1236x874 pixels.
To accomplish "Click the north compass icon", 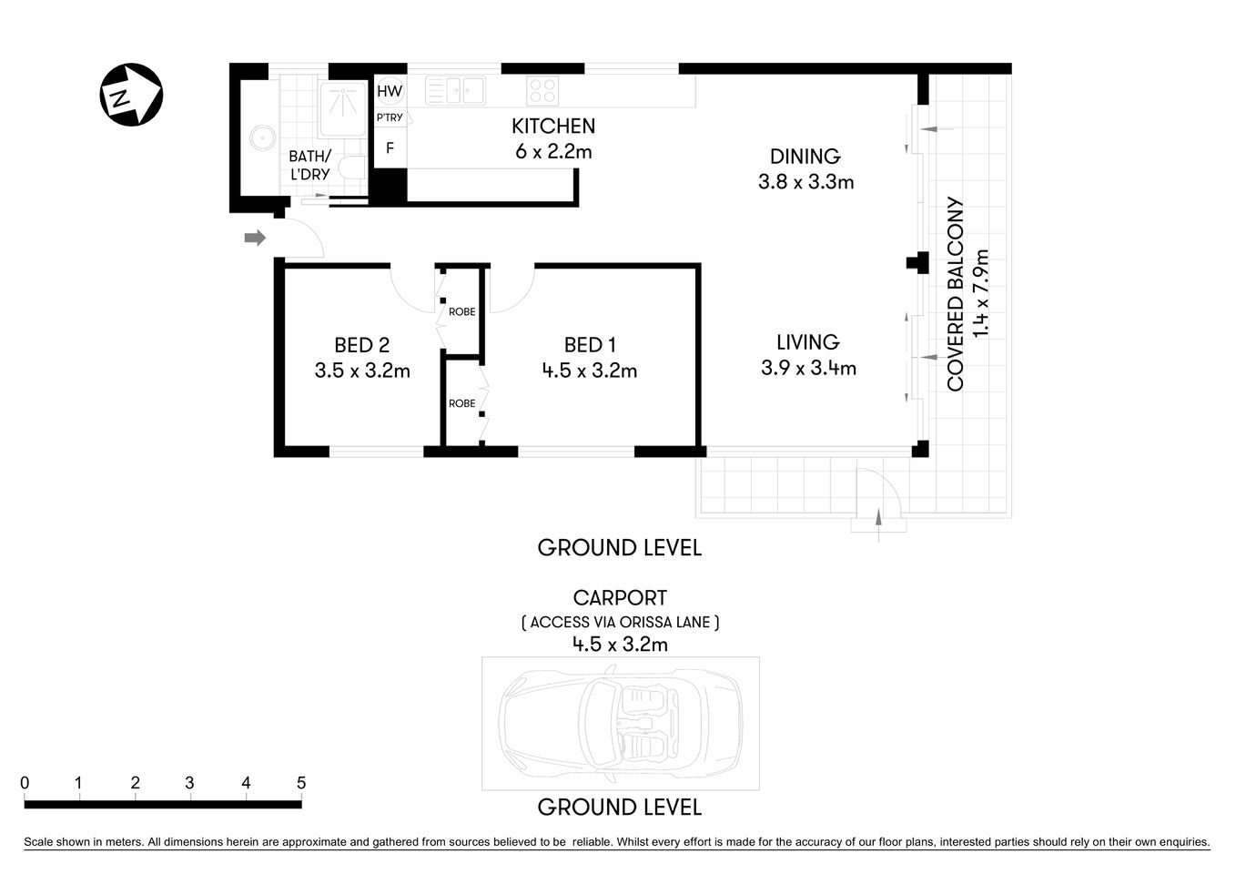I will coord(130,95).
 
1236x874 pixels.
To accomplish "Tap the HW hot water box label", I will coord(390,91).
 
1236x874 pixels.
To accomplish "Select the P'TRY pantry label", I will coord(390,118).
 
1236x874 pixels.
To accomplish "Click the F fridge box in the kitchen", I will coord(390,147).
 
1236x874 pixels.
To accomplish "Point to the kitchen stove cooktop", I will coord(542,91).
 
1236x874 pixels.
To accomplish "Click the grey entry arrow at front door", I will coord(255,239).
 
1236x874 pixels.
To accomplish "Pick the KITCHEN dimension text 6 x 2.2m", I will coord(553,152).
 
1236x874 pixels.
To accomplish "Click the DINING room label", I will coord(805,157).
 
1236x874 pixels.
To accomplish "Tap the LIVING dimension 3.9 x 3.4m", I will coord(808,369).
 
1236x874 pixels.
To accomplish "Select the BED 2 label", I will coord(361,345).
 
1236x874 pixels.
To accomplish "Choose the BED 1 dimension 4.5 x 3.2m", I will coord(589,371).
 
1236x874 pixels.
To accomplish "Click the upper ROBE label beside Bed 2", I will coord(461,312).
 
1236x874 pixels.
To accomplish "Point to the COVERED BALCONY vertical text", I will coord(955,294).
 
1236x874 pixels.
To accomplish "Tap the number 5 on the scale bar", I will coord(301,783).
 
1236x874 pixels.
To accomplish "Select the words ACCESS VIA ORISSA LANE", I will coord(620,623).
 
